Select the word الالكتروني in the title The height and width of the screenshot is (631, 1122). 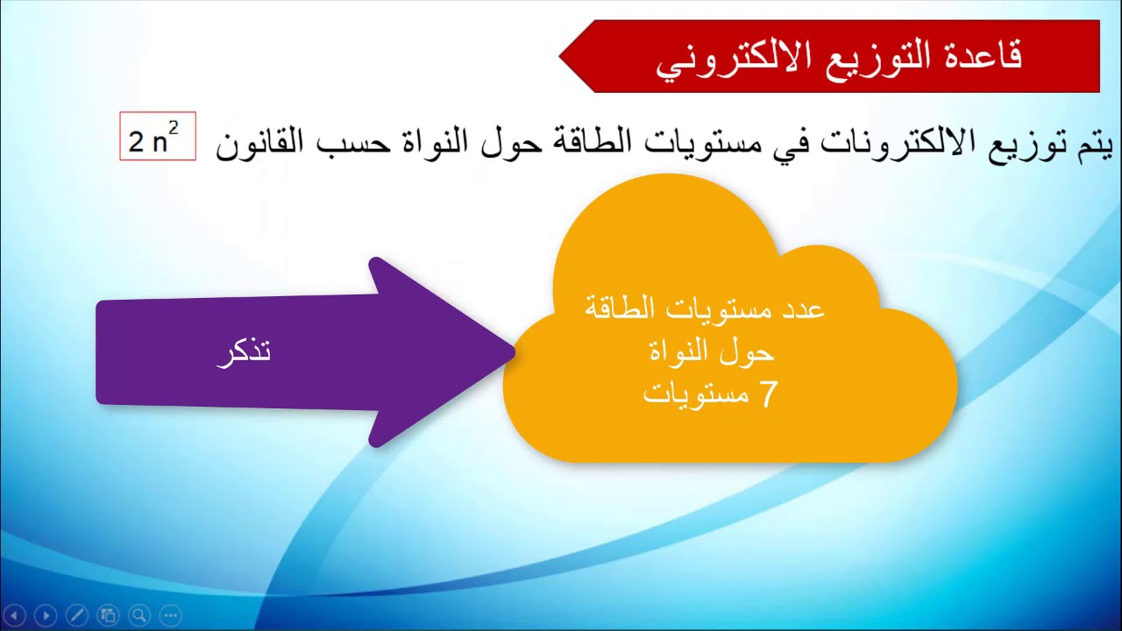729,60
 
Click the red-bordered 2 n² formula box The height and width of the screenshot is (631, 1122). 158,137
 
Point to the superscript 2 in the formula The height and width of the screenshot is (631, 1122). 174,128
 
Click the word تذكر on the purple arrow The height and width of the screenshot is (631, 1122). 244,351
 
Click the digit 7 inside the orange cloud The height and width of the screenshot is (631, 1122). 767,394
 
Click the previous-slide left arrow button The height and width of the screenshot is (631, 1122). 15,615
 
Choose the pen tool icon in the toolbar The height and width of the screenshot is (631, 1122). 76,615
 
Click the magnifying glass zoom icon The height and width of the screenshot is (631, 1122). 138,615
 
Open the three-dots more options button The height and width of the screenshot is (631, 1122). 170,615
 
